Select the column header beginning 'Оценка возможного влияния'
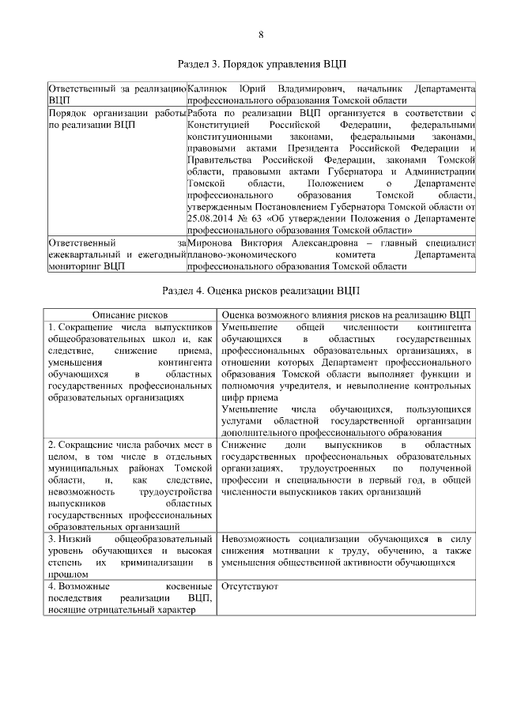tap(347, 314)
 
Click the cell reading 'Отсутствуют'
tap(248, 587)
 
